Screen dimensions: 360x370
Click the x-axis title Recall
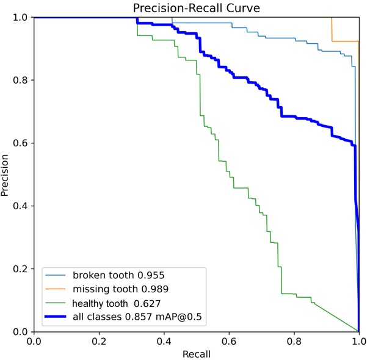196,354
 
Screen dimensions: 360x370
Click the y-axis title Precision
5,175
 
